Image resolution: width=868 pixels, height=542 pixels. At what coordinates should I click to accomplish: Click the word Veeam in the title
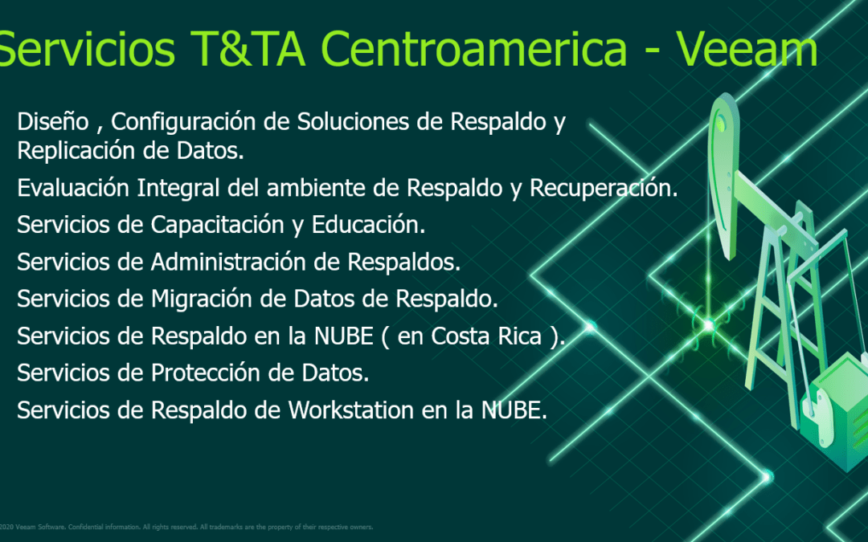[x=746, y=48]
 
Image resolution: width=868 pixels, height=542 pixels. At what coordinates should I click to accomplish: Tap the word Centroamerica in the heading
[x=474, y=48]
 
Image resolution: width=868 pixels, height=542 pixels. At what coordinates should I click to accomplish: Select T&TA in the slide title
[x=248, y=48]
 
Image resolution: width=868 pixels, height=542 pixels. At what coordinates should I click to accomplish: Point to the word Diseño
[x=53, y=121]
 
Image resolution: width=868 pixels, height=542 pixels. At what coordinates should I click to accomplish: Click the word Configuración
[x=183, y=122]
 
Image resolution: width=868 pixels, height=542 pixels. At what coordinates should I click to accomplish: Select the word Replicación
[x=76, y=151]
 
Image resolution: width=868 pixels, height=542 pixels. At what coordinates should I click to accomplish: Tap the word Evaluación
[x=74, y=187]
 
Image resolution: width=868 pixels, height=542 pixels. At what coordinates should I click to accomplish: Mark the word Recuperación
[x=604, y=189]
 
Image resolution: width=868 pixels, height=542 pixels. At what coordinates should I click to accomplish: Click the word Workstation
[x=351, y=410]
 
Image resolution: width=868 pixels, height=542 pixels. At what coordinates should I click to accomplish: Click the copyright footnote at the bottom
[x=186, y=527]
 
